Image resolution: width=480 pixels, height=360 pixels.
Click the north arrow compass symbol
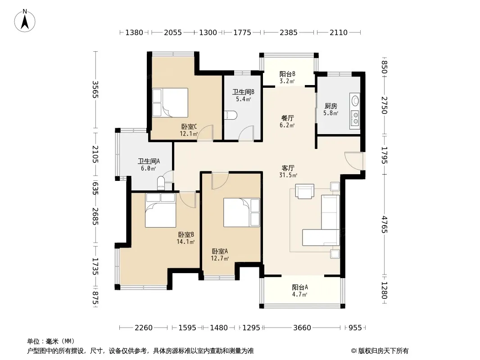pyautogui.click(x=25, y=21)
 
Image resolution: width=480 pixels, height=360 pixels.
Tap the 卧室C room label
pyautogui.click(x=189, y=126)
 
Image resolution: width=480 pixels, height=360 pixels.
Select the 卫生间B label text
pyautogui.click(x=243, y=92)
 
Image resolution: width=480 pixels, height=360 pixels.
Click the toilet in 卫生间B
pyautogui.click(x=231, y=115)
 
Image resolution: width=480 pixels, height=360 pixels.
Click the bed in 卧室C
pyautogui.click(x=170, y=103)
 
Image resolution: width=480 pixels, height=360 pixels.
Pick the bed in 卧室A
pyautogui.click(x=241, y=212)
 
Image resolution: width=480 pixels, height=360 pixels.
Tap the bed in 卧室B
pyautogui.click(x=160, y=210)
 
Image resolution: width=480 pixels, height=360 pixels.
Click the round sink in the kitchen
pyautogui.click(x=355, y=100)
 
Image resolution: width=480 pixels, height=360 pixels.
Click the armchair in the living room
pyautogui.click(x=304, y=191)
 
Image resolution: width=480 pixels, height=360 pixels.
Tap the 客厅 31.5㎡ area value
pyautogui.click(x=288, y=175)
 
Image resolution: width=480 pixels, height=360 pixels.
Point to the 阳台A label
pyautogui.click(x=300, y=287)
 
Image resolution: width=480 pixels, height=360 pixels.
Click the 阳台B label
pyautogui.click(x=287, y=74)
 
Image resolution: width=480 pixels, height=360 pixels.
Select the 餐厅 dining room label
pyautogui.click(x=287, y=118)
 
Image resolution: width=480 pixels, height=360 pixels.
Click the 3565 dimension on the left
pyautogui.click(x=95, y=89)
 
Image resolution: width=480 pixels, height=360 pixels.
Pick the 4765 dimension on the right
pyautogui.click(x=385, y=225)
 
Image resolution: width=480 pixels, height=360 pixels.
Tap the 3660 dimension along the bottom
pyautogui.click(x=302, y=328)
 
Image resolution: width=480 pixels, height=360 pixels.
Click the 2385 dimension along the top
pyautogui.click(x=288, y=32)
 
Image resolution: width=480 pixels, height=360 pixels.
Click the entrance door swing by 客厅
pyautogui.click(x=354, y=161)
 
